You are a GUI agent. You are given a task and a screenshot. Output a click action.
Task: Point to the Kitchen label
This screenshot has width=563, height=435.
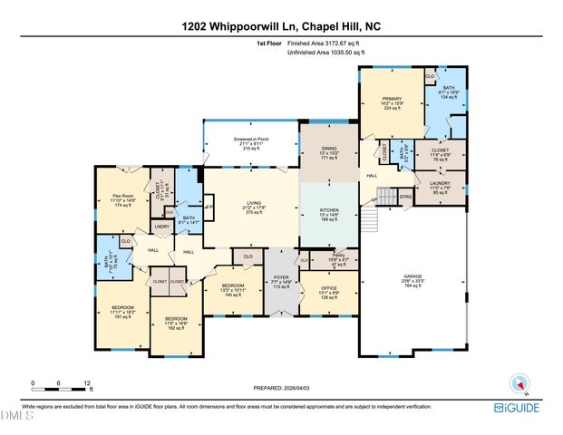click(x=329, y=214)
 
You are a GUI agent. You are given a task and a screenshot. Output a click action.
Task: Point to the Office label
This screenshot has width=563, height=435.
click(x=330, y=293)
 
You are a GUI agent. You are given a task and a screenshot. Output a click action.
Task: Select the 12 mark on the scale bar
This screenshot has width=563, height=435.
click(x=87, y=383)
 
